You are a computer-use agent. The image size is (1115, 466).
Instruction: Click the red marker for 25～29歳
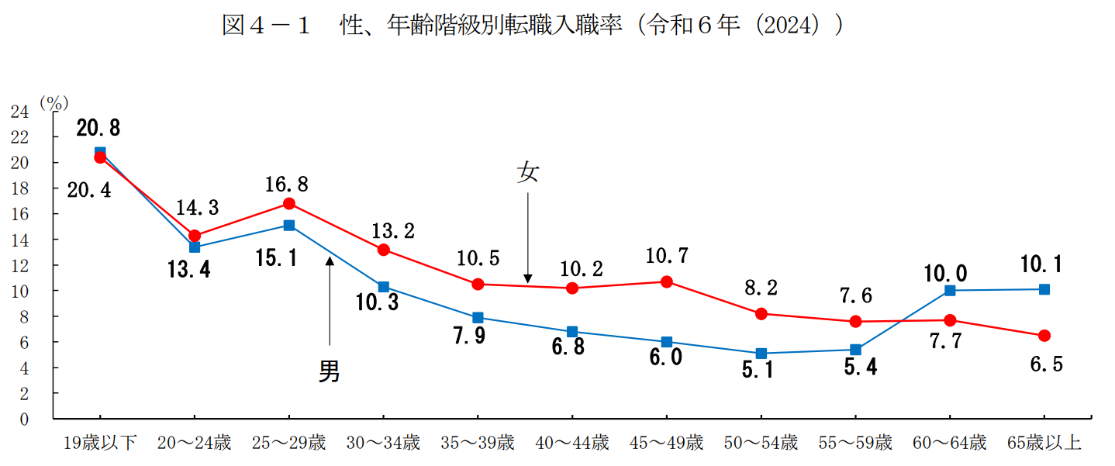288,204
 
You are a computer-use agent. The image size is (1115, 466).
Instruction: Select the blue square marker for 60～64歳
950,291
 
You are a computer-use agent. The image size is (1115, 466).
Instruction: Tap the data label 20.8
98,128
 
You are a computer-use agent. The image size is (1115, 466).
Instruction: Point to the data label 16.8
286,185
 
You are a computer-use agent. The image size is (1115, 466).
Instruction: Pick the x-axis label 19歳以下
100,444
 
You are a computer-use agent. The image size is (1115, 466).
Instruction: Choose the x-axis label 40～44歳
572,444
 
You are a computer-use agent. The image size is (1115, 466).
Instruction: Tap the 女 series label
527,173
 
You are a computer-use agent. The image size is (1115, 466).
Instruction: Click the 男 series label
330,372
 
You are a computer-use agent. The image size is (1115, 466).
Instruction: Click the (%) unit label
54,102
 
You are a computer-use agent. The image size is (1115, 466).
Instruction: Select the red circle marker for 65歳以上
1044,336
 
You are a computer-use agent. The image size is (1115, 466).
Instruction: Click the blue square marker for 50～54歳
761,354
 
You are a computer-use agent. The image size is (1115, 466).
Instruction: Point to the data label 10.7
666,256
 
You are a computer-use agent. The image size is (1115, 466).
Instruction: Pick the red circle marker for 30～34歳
383,250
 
